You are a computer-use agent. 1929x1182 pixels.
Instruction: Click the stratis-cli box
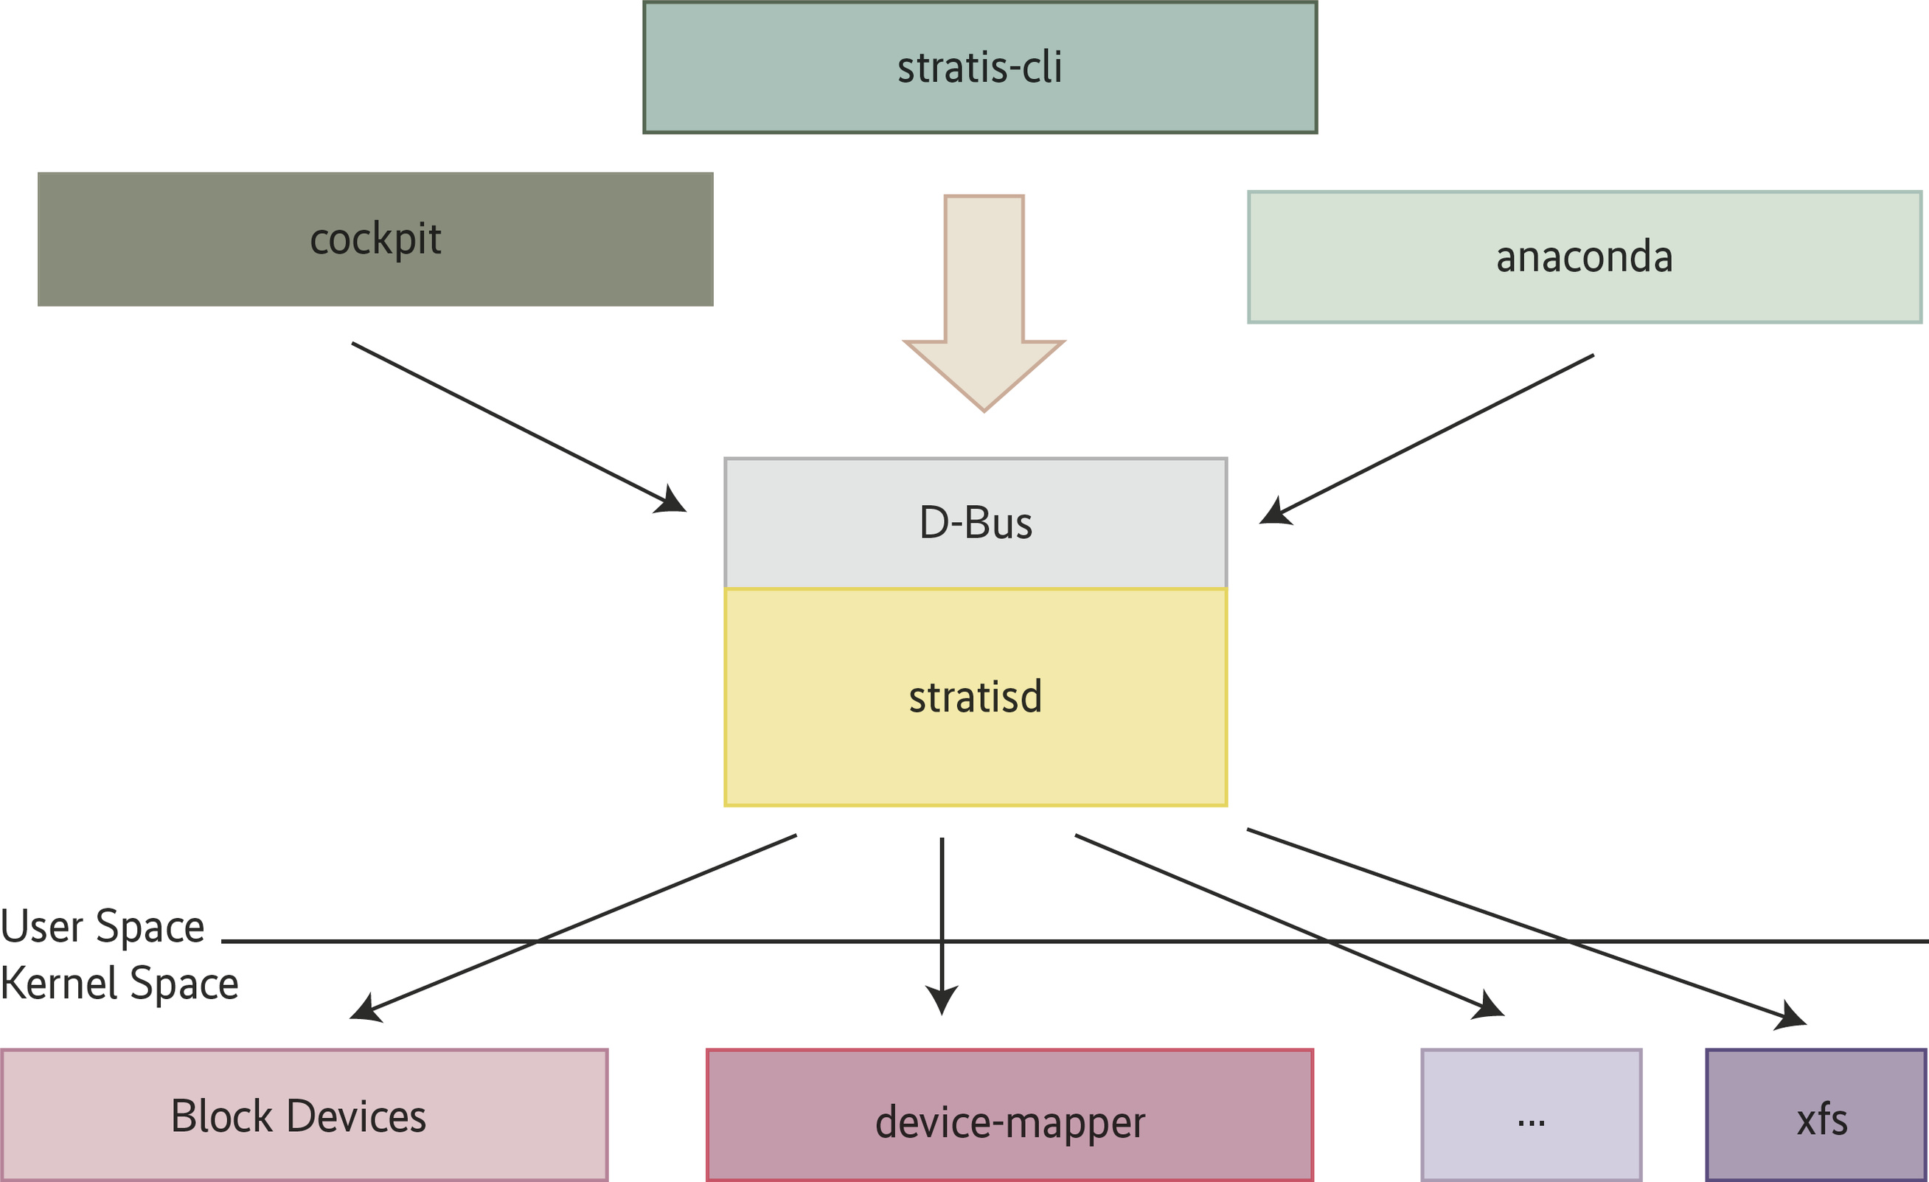(x=979, y=67)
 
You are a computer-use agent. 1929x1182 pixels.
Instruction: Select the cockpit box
(x=375, y=239)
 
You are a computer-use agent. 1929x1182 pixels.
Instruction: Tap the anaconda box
(x=1584, y=257)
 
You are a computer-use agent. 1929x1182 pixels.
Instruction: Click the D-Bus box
(x=975, y=523)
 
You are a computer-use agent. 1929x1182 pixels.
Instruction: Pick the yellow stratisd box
(x=975, y=697)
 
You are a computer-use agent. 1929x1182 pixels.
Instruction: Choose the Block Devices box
(x=304, y=1115)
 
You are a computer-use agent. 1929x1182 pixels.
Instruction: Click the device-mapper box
(x=1009, y=1115)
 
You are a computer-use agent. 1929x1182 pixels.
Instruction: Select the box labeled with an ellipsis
(x=1531, y=1115)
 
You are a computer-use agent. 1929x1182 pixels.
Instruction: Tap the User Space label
(x=102, y=928)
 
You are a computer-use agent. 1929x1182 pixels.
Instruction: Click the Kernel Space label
(x=119, y=984)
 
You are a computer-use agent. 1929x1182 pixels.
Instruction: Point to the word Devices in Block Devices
(x=356, y=1116)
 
